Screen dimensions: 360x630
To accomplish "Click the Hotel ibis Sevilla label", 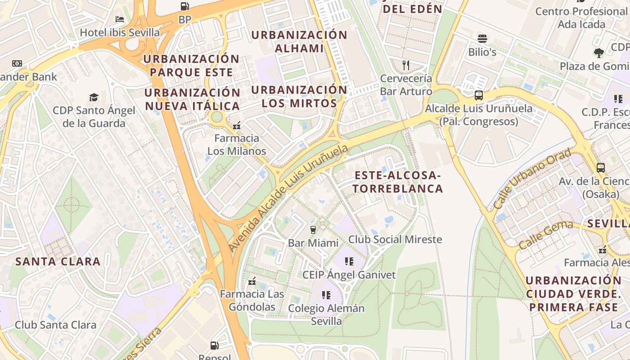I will pyautogui.click(x=120, y=33).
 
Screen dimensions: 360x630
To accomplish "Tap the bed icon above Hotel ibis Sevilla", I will pyautogui.click(x=120, y=19).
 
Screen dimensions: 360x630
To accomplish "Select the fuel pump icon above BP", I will pyautogui.click(x=184, y=6).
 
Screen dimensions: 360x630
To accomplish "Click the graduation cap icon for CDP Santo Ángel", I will pyautogui.click(x=94, y=97).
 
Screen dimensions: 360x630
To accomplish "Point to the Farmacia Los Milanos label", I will pyautogui.click(x=237, y=144).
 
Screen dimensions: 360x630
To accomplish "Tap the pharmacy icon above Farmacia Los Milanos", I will pyautogui.click(x=237, y=126).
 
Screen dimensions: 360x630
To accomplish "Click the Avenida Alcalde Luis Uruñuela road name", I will pyautogui.click(x=288, y=198).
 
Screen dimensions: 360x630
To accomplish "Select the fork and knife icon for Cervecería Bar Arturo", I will pyautogui.click(x=406, y=65).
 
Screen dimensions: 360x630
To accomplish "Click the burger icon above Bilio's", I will pyautogui.click(x=482, y=39).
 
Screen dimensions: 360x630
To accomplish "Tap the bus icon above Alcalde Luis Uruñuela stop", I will pyautogui.click(x=479, y=95).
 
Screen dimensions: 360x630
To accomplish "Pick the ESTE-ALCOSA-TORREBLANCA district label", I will pyautogui.click(x=398, y=182).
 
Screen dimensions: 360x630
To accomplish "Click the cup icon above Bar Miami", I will pyautogui.click(x=313, y=230).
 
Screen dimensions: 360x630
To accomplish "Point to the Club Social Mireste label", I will pyautogui.click(x=395, y=239).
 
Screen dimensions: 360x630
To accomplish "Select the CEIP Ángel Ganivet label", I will pyautogui.click(x=349, y=274).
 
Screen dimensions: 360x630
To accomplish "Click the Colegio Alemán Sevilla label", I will pyautogui.click(x=326, y=315).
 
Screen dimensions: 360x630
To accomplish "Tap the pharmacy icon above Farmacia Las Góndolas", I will pyautogui.click(x=252, y=282).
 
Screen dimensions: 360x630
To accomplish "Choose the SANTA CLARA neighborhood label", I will pyautogui.click(x=58, y=261).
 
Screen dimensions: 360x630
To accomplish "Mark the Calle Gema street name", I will pyautogui.click(x=545, y=235).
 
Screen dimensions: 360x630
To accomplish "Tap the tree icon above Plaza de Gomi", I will pyautogui.click(x=598, y=53).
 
